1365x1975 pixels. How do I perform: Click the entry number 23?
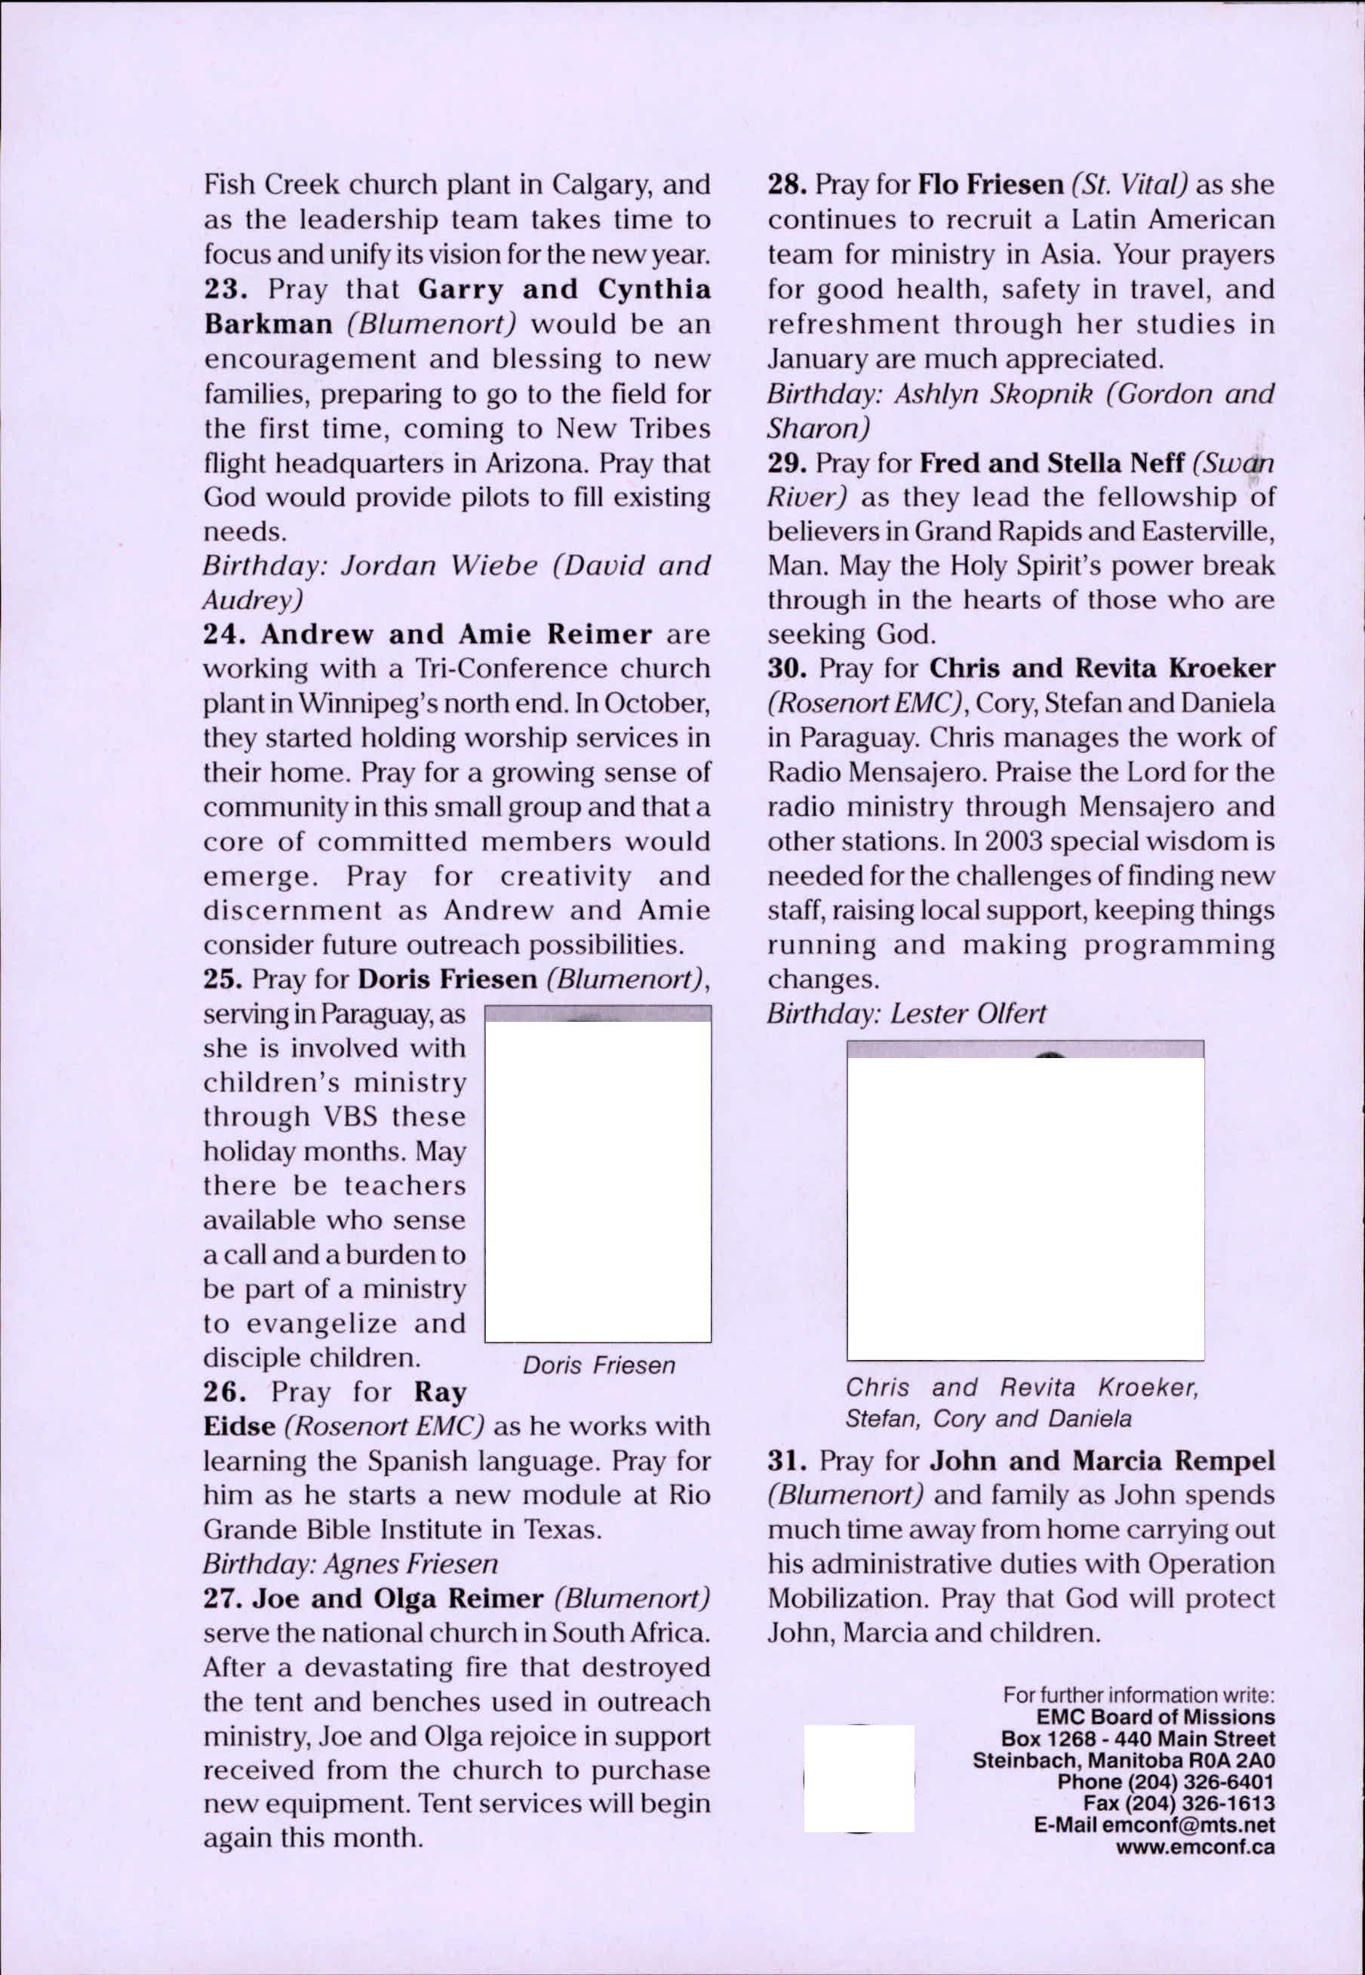225,289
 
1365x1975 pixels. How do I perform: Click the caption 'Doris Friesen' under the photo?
598,1365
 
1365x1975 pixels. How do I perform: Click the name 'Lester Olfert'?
968,1014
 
